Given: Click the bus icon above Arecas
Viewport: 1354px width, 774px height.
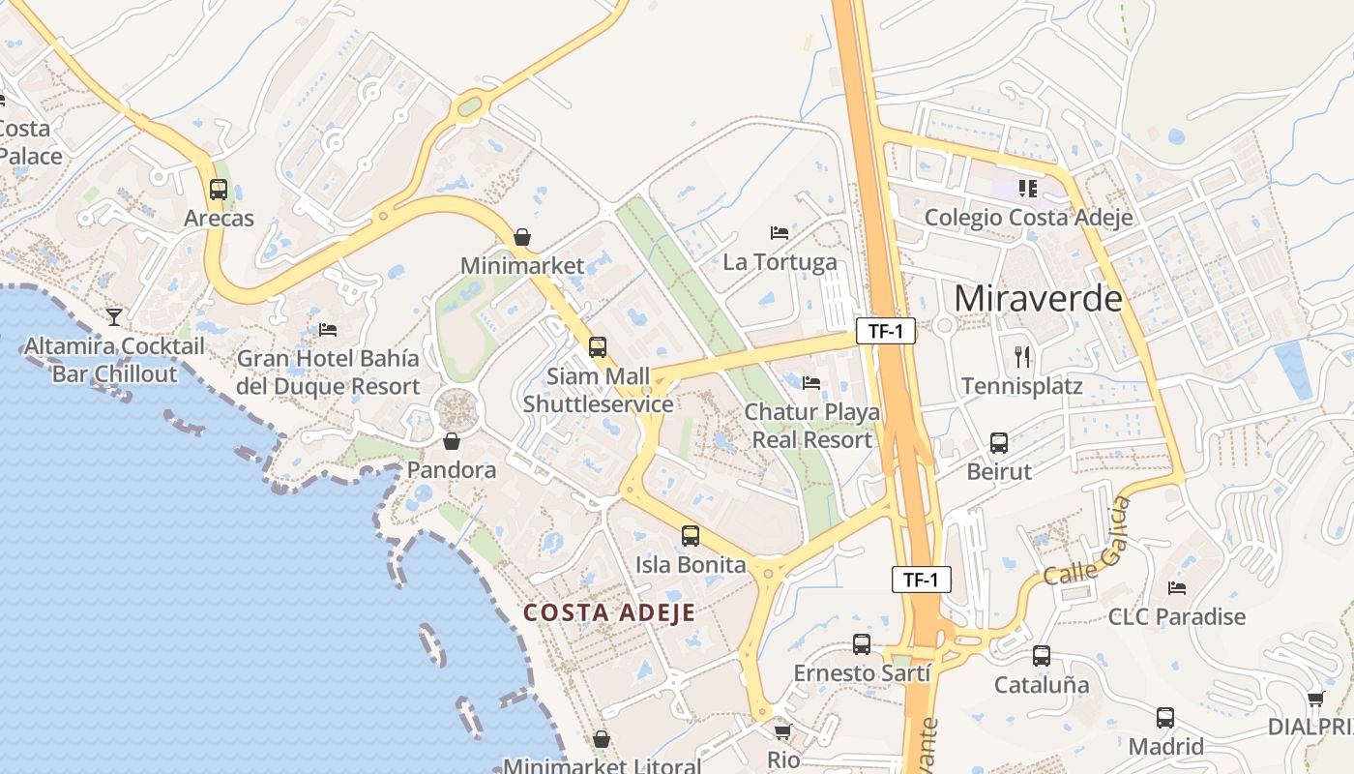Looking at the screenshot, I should (x=219, y=190).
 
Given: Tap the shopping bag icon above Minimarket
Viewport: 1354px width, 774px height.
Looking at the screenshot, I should (x=522, y=237).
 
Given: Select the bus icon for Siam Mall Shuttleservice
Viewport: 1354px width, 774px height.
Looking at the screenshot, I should (x=598, y=347).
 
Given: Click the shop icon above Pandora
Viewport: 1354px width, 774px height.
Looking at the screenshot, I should (x=452, y=442).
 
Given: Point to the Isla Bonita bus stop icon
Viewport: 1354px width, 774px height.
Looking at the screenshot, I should (x=691, y=536).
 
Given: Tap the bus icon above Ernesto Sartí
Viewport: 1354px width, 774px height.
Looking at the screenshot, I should (x=862, y=644).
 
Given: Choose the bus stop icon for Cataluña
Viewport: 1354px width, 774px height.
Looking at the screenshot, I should (x=1042, y=656).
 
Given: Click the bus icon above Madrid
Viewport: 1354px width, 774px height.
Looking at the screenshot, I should (x=1165, y=718).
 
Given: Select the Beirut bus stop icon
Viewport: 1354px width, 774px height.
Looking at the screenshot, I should (x=999, y=443).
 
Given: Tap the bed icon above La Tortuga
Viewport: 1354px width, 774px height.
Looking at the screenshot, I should (x=780, y=233).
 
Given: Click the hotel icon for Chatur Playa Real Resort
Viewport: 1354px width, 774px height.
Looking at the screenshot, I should (x=811, y=383).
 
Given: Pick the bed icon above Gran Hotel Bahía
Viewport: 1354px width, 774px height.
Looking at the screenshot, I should (x=328, y=330).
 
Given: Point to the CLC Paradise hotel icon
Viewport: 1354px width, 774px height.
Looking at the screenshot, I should (x=1177, y=587).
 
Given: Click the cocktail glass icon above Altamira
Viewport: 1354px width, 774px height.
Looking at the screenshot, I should (x=114, y=316).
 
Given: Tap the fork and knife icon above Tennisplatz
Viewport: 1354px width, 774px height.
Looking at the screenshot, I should (x=1022, y=357).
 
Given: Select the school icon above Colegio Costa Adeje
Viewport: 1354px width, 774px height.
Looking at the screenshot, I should (x=1027, y=188).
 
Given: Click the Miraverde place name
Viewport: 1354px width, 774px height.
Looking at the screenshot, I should (x=1038, y=298).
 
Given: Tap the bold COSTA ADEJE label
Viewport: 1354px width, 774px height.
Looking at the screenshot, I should (x=609, y=612).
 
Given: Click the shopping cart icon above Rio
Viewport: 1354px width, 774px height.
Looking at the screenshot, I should (x=783, y=731).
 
